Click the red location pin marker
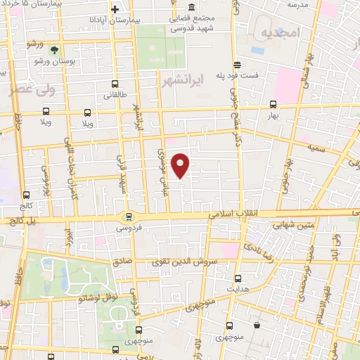[x=181, y=165]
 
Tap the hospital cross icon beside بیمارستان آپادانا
[x=114, y=9]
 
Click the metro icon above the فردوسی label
[x=127, y=217]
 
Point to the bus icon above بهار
[x=273, y=103]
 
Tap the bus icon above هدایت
[x=238, y=278]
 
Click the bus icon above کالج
[x=27, y=195]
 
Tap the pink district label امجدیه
[x=280, y=33]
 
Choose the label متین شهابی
[x=282, y=225]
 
